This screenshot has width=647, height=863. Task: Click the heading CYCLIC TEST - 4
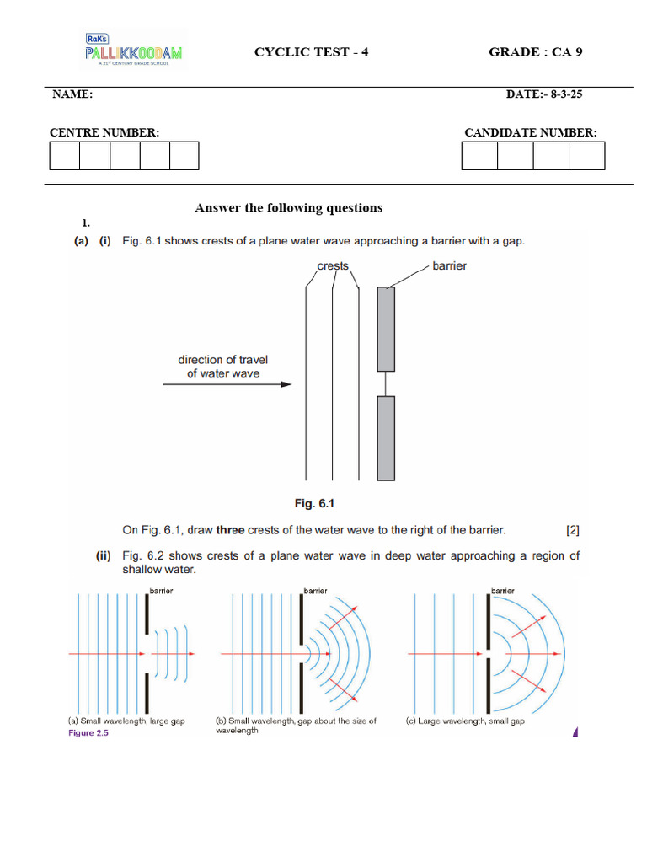click(311, 52)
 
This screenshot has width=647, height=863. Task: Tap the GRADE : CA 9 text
click(535, 52)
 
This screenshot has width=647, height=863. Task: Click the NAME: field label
click(72, 94)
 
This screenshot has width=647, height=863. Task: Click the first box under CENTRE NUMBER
click(65, 156)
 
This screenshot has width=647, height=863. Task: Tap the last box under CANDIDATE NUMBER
click(586, 156)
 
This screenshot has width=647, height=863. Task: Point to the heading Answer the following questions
click(288, 207)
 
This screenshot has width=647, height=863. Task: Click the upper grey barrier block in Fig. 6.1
click(386, 329)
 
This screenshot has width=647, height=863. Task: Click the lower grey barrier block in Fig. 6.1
click(386, 438)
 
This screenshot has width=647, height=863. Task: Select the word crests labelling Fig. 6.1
click(333, 266)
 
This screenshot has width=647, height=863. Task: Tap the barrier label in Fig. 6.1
click(449, 266)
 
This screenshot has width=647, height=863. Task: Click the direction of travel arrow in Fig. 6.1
click(227, 384)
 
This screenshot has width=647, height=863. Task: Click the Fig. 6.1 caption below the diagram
click(314, 504)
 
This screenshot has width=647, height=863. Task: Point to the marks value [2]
click(573, 530)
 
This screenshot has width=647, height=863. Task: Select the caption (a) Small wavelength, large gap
click(126, 721)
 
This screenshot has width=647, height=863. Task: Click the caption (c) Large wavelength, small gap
click(465, 721)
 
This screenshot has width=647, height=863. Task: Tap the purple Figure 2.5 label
click(88, 732)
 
